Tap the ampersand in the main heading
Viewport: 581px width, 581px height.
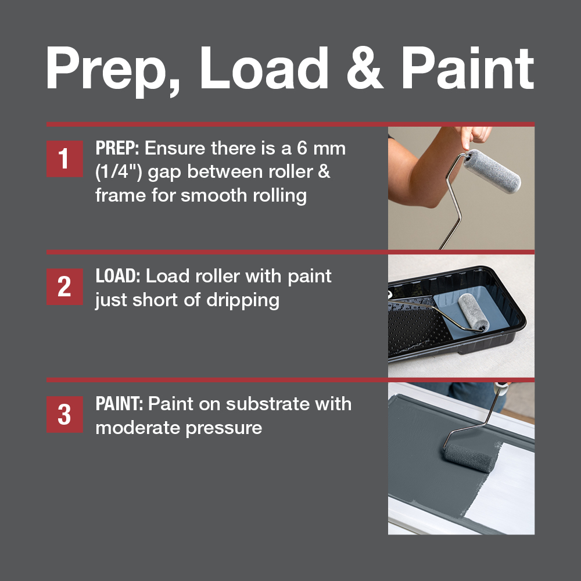365,68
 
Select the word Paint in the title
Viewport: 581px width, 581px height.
468,68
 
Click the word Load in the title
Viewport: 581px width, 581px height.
264,68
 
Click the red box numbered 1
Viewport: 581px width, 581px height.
64,159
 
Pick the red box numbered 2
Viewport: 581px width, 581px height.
64,286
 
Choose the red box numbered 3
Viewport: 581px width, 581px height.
64,414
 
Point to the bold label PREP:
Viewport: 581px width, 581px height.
117,148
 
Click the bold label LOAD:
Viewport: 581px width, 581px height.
118,276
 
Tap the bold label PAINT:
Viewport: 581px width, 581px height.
119,404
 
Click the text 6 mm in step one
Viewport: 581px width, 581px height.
321,148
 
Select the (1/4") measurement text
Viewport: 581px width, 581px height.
119,172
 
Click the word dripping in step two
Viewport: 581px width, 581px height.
243,300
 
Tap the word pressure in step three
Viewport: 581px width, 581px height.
224,429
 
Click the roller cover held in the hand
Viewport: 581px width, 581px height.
492,171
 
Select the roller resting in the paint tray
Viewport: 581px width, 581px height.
474,312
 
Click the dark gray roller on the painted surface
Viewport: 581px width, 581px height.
470,458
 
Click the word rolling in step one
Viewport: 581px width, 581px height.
280,196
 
